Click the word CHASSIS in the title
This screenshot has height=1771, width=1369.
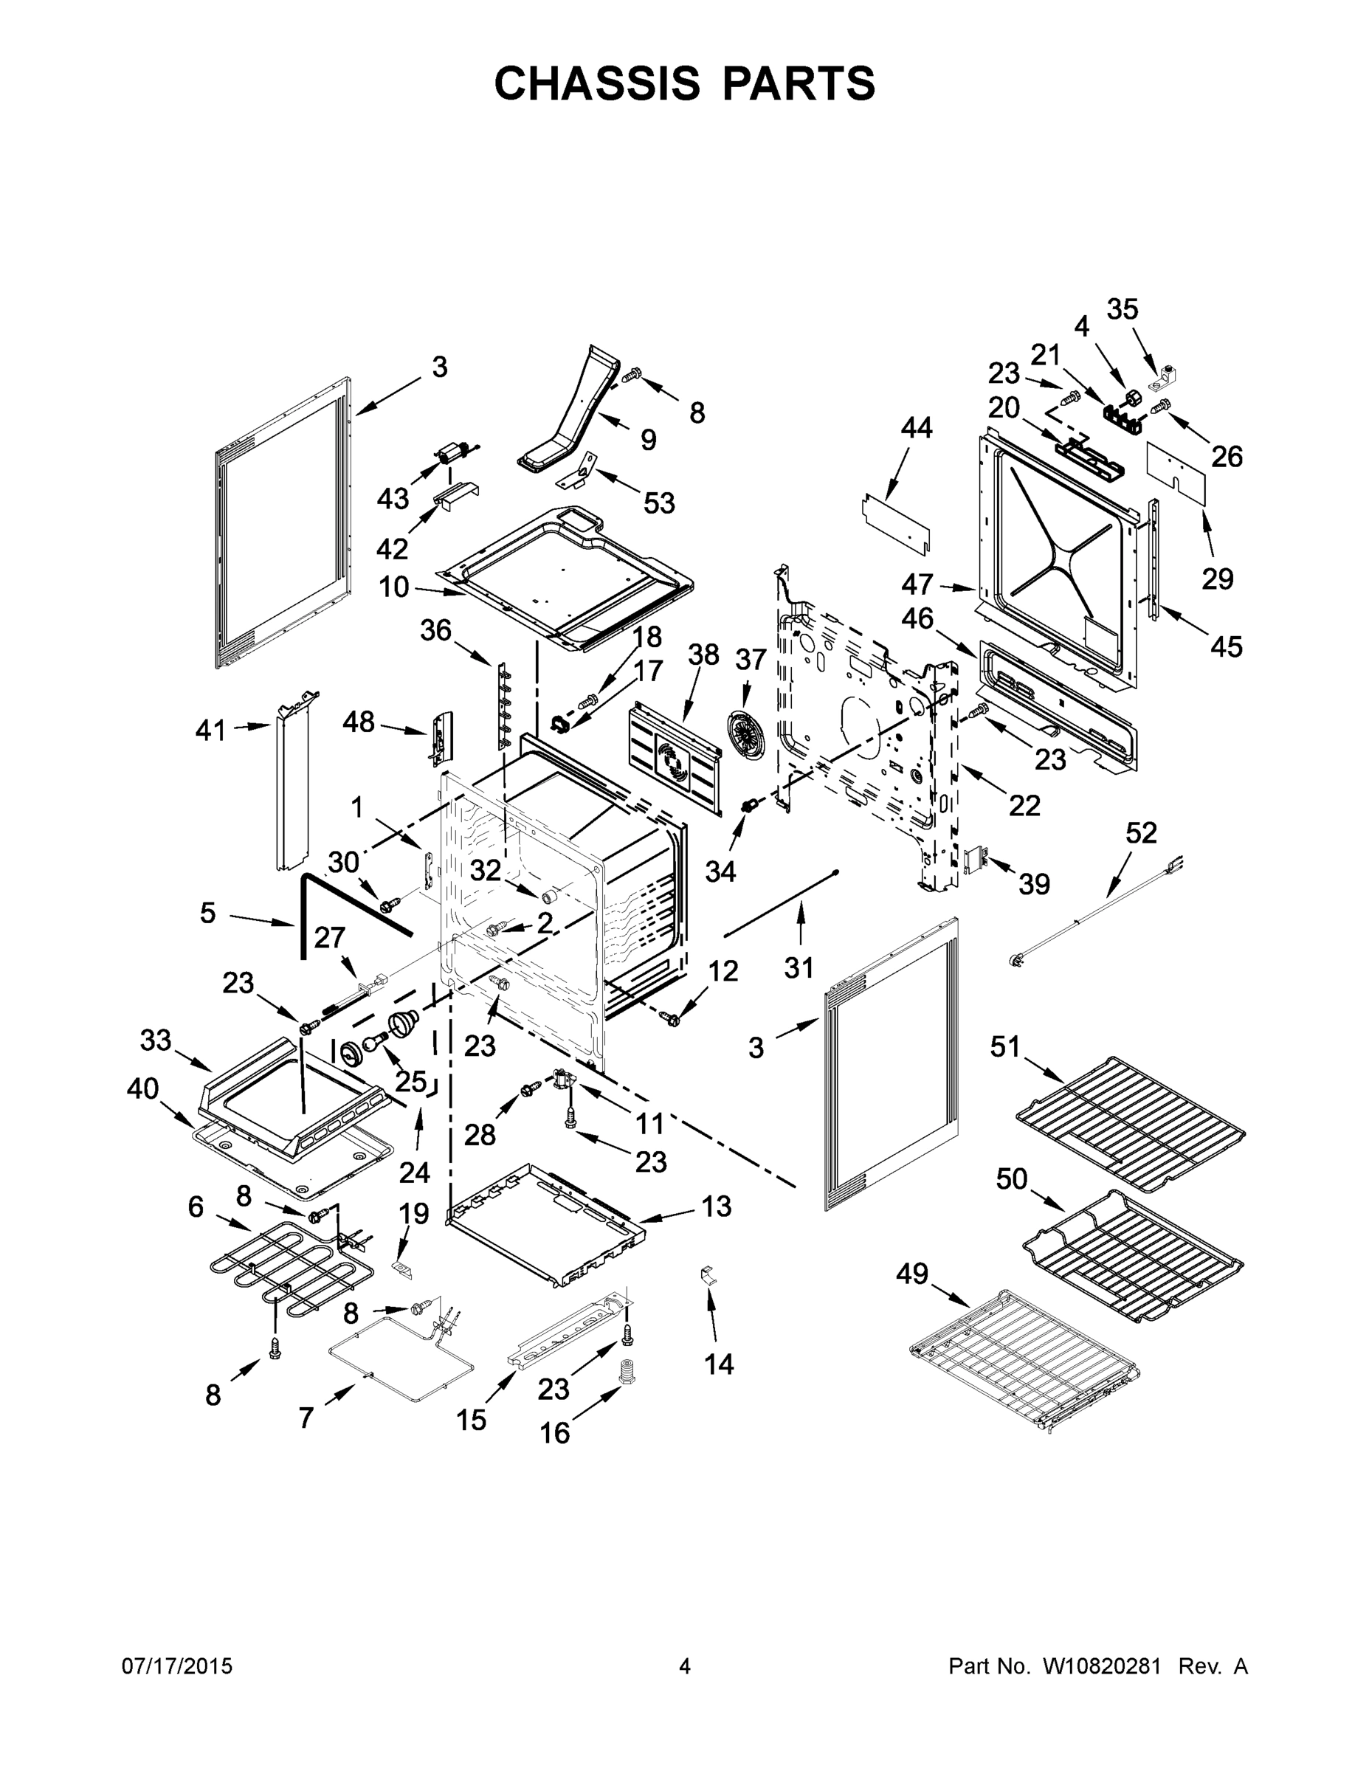(597, 83)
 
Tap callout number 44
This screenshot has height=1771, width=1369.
(917, 427)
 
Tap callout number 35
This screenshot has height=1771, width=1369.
(1123, 309)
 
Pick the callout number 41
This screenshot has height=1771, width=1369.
(210, 731)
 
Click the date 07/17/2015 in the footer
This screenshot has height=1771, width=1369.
(177, 1666)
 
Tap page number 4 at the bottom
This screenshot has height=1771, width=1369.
(685, 1666)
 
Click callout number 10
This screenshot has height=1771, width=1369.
(394, 587)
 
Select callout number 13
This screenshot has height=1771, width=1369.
(716, 1206)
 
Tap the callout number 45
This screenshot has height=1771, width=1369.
(1225, 646)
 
